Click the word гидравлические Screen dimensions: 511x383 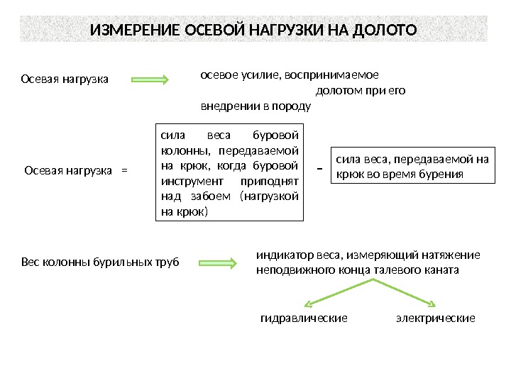click(304, 318)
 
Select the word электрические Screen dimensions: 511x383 click(435, 318)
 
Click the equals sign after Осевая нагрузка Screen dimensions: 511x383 click(126, 170)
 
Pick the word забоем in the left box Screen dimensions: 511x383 click(206, 196)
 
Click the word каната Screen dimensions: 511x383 click(443, 270)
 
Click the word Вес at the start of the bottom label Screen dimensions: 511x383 click(30, 263)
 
